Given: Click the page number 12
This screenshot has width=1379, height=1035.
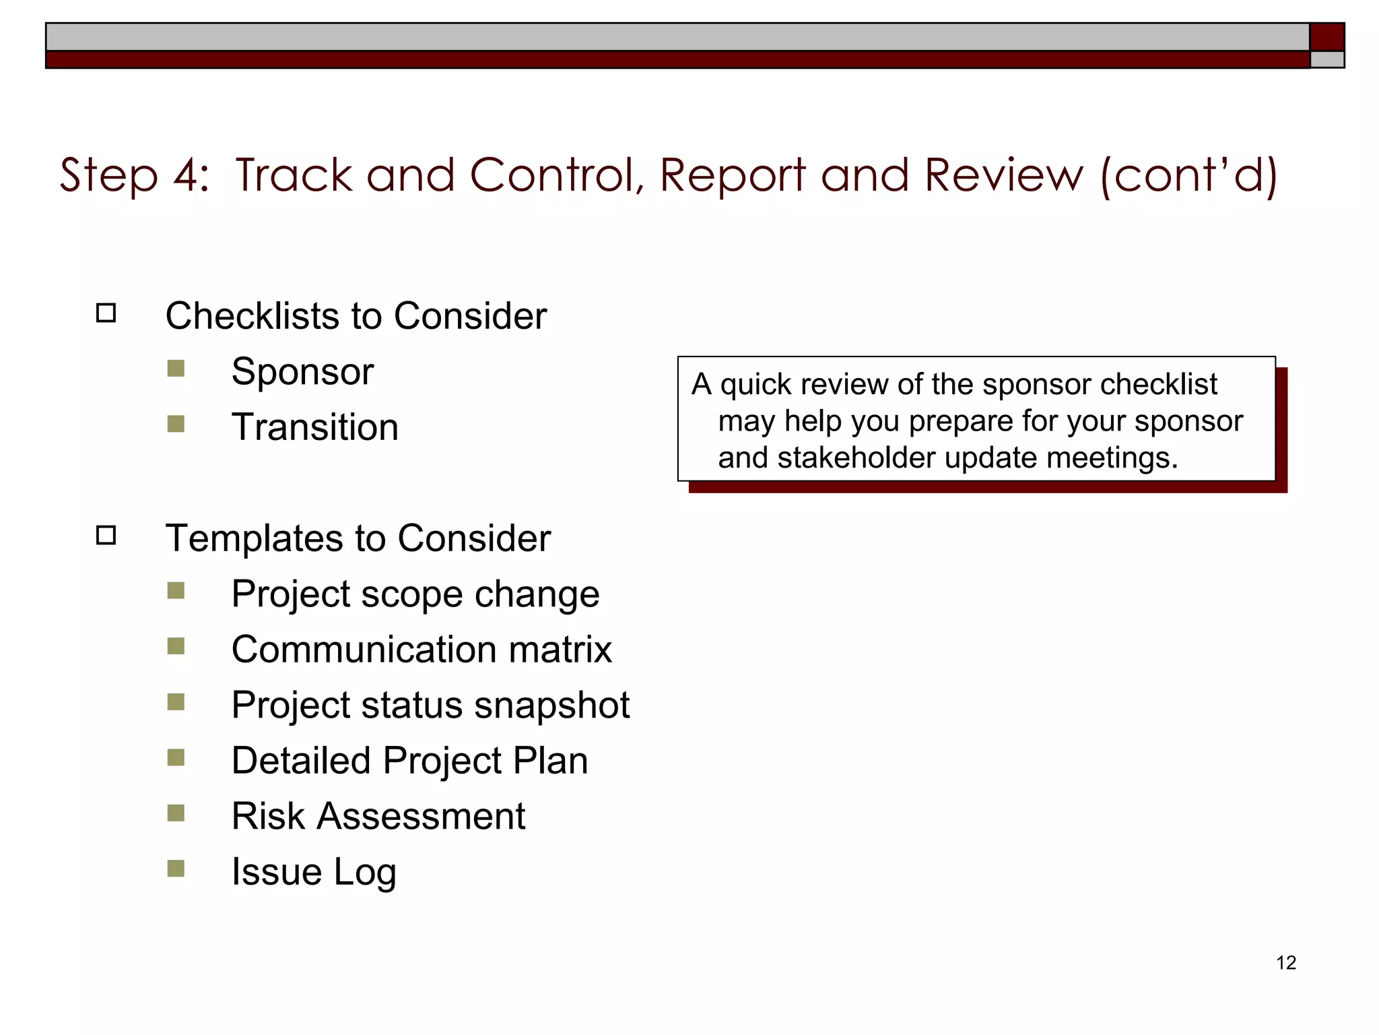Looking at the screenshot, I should pyautogui.click(x=1285, y=962).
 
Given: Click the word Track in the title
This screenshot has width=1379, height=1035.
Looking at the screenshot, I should pyautogui.click(x=294, y=175).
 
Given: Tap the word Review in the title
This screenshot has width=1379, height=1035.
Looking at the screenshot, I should pyautogui.click(x=1004, y=175).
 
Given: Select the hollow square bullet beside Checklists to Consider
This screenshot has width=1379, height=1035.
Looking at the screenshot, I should pyautogui.click(x=106, y=313).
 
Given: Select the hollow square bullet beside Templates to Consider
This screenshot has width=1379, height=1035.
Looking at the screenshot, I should pyautogui.click(x=106, y=536).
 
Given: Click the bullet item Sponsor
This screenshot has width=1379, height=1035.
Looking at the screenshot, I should pyautogui.click(x=302, y=371).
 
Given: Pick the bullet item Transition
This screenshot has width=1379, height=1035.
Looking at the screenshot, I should pyautogui.click(x=314, y=427).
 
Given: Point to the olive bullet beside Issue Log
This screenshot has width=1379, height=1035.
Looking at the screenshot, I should pyautogui.click(x=176, y=869).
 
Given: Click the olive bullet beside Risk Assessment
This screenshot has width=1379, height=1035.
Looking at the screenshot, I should pyautogui.click(x=176, y=813).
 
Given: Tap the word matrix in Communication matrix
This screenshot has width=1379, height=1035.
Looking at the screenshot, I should pyautogui.click(x=560, y=650).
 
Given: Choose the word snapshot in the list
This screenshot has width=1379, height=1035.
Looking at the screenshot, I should pyautogui.click(x=551, y=705).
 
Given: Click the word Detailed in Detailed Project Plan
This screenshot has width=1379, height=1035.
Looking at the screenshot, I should pyautogui.click(x=300, y=761).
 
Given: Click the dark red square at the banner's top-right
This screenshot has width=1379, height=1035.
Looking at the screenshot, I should pyautogui.click(x=1326, y=37).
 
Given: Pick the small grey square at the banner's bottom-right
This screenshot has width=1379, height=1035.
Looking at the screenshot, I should pyautogui.click(x=1326, y=60).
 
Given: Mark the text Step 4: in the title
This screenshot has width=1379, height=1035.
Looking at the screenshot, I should pyautogui.click(x=134, y=175).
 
